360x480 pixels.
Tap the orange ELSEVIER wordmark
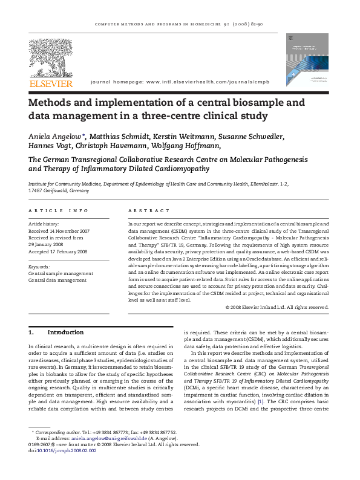point(50,83)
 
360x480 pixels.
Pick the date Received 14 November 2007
point(59,231)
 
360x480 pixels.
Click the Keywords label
point(39,267)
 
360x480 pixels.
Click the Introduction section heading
point(65,332)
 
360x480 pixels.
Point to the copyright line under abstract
point(277,306)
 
